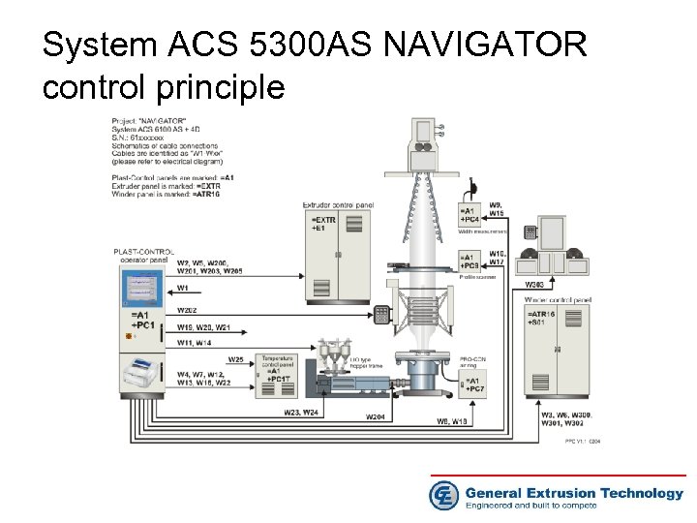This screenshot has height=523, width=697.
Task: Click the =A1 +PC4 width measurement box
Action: coord(470,216)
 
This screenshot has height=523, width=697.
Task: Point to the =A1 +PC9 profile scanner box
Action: coord(470,261)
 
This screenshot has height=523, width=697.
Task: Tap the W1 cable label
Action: coord(183,288)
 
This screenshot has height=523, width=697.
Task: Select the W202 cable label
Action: coord(187,310)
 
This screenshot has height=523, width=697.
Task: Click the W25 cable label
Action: coord(236,360)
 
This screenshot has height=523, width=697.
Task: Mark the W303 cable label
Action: coord(533,285)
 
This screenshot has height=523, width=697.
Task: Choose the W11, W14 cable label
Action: coord(195,343)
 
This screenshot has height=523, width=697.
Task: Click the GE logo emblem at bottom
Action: coord(444,495)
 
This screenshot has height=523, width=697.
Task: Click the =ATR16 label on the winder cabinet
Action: coord(541,315)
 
